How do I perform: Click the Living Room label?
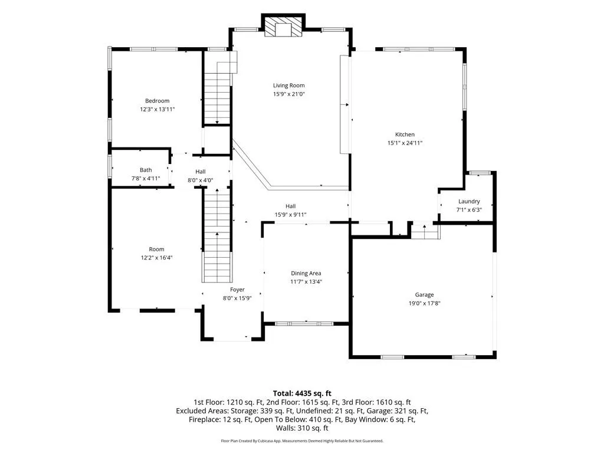[x=288, y=86]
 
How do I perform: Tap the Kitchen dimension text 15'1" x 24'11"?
[x=405, y=143]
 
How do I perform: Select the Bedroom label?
[x=157, y=101]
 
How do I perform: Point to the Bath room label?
[x=146, y=170]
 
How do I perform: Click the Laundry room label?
[x=469, y=202]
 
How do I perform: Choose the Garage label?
[x=424, y=295]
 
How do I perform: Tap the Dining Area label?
[x=306, y=274]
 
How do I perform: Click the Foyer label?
[x=237, y=290]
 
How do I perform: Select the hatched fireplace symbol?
[x=283, y=27]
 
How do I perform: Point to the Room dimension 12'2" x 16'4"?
[x=156, y=258]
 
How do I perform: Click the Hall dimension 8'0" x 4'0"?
[x=201, y=180]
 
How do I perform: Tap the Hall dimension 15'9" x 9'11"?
[x=290, y=215]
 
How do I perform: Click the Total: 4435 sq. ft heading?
[x=302, y=393]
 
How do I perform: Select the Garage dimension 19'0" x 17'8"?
[x=425, y=304]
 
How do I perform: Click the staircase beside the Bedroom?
[x=217, y=93]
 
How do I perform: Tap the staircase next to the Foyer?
[x=217, y=235]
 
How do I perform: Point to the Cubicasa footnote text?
[x=302, y=441]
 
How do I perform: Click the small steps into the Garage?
[x=425, y=232]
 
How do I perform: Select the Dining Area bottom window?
[x=304, y=324]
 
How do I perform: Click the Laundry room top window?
[x=479, y=173]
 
